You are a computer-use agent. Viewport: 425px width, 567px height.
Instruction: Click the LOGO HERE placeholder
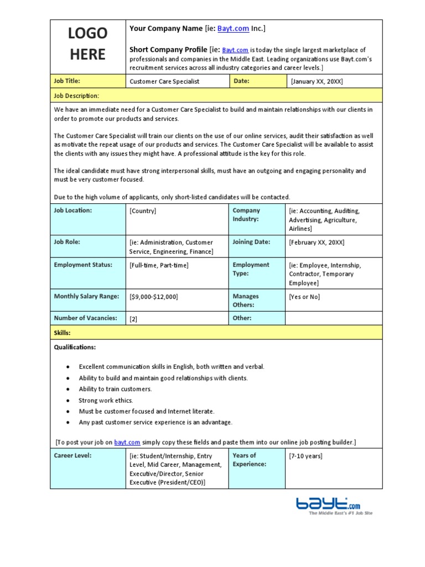click(x=87, y=44)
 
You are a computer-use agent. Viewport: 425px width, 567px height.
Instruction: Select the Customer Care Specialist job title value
click(x=164, y=81)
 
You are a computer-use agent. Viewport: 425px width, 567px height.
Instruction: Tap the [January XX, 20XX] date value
click(x=317, y=81)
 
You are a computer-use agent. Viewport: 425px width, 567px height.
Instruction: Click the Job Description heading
click(x=76, y=96)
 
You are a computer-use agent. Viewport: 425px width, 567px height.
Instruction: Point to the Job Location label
click(x=73, y=210)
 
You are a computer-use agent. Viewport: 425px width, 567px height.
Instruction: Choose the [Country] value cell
click(x=143, y=211)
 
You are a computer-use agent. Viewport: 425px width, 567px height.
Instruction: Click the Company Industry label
click(x=246, y=214)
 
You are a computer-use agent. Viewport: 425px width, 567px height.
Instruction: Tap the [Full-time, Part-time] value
click(x=159, y=265)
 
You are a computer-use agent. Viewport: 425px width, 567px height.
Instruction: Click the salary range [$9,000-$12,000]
click(x=154, y=297)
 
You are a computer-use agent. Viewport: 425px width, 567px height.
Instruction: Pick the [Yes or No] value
click(x=304, y=297)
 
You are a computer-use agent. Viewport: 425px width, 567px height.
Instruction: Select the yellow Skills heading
click(x=62, y=333)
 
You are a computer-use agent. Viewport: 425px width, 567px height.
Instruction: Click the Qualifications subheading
click(x=75, y=347)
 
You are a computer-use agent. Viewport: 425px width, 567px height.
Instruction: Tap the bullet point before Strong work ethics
click(x=68, y=400)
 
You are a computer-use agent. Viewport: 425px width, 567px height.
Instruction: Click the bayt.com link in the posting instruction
click(x=127, y=442)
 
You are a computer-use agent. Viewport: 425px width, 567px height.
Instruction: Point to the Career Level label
click(x=72, y=456)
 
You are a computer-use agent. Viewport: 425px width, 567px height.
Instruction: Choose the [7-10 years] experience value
click(x=305, y=456)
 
